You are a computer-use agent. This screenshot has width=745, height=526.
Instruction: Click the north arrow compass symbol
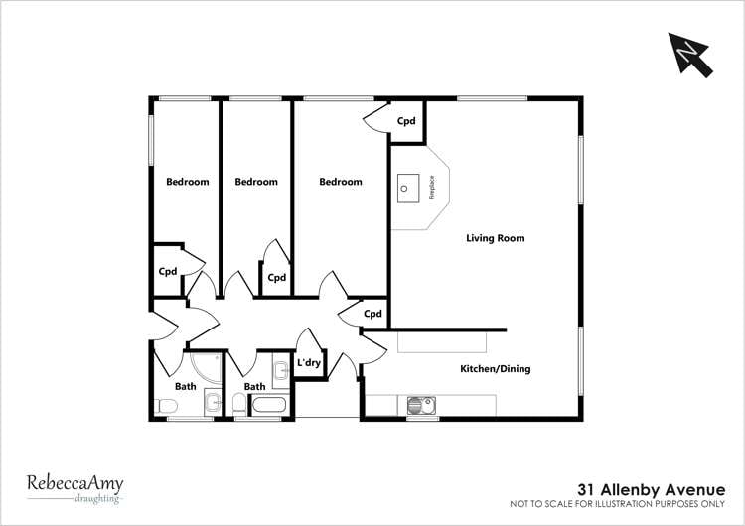pyautogui.click(x=692, y=54)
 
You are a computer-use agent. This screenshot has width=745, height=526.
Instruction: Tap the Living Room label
pyautogui.click(x=495, y=238)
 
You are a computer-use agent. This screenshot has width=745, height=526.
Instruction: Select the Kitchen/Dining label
pyautogui.click(x=495, y=369)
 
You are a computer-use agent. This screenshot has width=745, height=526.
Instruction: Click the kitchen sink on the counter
pyautogui.click(x=422, y=405)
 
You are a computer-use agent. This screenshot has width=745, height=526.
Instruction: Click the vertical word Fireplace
pyautogui.click(x=432, y=187)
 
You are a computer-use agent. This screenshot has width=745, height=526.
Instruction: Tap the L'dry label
pyautogui.click(x=309, y=363)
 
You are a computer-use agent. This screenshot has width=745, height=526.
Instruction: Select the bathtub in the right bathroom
pyautogui.click(x=269, y=405)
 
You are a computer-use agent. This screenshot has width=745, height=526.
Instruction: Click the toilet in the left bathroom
pyautogui.click(x=166, y=406)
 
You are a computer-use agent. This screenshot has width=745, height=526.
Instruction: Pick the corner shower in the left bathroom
pyautogui.click(x=207, y=369)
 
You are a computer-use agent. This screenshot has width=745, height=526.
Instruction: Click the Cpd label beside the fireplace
pyautogui.click(x=406, y=121)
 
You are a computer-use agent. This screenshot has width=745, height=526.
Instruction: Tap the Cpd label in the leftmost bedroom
pyautogui.click(x=168, y=271)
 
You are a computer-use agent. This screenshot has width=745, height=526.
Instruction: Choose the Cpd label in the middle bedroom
pyautogui.click(x=276, y=278)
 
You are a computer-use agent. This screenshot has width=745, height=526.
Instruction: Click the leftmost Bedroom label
pyautogui.click(x=187, y=182)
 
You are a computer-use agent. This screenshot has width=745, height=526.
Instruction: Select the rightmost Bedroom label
pyautogui.click(x=340, y=182)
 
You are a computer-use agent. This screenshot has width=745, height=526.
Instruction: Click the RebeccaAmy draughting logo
pyautogui.click(x=74, y=487)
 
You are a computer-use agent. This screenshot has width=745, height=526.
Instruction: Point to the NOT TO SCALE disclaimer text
pyautogui.click(x=624, y=504)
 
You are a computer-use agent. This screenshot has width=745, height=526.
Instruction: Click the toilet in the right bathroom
pyautogui.click(x=239, y=405)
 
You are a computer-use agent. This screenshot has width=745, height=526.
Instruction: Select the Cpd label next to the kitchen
pyautogui.click(x=372, y=314)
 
